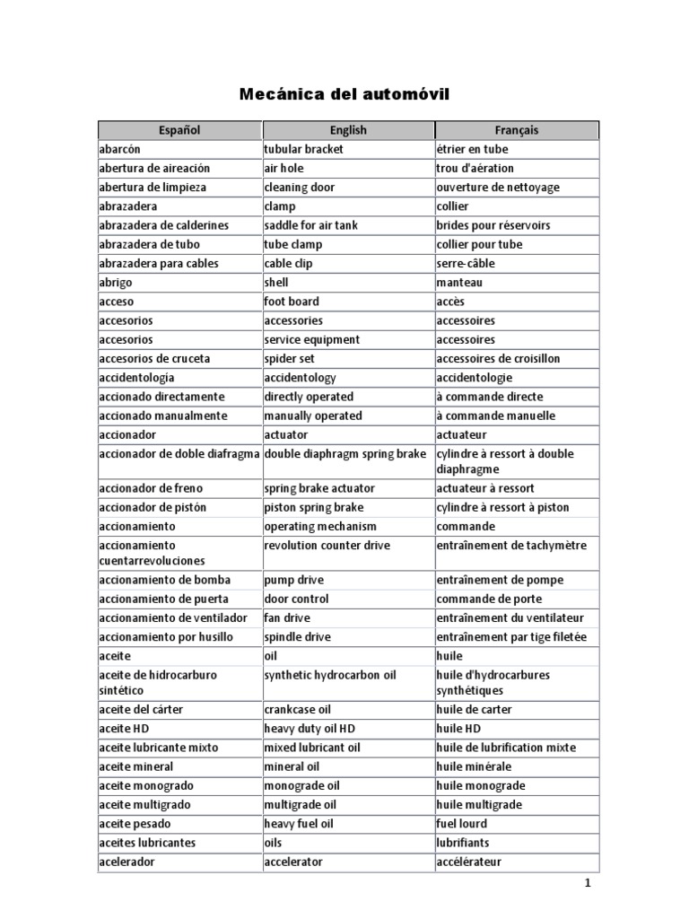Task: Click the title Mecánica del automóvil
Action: tap(344, 94)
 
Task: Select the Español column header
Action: tap(179, 130)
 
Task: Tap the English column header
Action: tap(348, 130)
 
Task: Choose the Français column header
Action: tap(516, 130)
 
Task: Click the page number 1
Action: tap(588, 884)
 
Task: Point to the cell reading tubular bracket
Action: tap(303, 149)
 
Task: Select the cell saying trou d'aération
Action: tap(475, 168)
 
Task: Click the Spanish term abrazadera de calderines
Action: tap(163, 225)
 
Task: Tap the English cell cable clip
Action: tap(288, 263)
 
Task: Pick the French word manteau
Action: tap(461, 283)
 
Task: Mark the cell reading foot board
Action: tap(291, 302)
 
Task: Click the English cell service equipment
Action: tap(311, 339)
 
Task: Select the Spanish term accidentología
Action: tap(136, 378)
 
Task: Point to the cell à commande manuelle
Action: tap(496, 416)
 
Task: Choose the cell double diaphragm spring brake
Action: tap(344, 454)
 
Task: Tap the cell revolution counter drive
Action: tap(327, 546)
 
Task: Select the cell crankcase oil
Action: tap(298, 709)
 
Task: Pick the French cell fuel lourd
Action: tap(462, 824)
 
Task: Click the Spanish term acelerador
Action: tap(126, 862)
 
